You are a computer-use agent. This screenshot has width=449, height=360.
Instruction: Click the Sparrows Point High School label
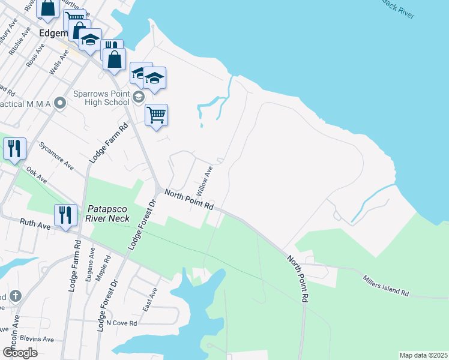tap(100, 98)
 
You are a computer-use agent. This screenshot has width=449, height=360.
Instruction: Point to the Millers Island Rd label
tap(386, 285)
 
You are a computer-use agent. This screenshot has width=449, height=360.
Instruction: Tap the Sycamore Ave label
tap(56, 155)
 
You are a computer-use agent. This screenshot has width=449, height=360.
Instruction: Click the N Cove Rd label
tap(121, 323)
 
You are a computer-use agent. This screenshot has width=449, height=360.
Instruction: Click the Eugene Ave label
tap(91, 262)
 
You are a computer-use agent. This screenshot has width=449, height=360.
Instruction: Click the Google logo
tap(20, 353)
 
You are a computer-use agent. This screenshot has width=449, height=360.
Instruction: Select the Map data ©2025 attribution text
tap(423, 355)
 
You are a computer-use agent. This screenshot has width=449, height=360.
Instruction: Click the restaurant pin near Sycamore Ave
tap(14, 149)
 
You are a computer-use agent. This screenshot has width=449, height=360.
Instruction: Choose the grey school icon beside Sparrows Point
tap(138, 97)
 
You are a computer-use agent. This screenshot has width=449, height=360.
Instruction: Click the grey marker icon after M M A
tap(59, 104)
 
